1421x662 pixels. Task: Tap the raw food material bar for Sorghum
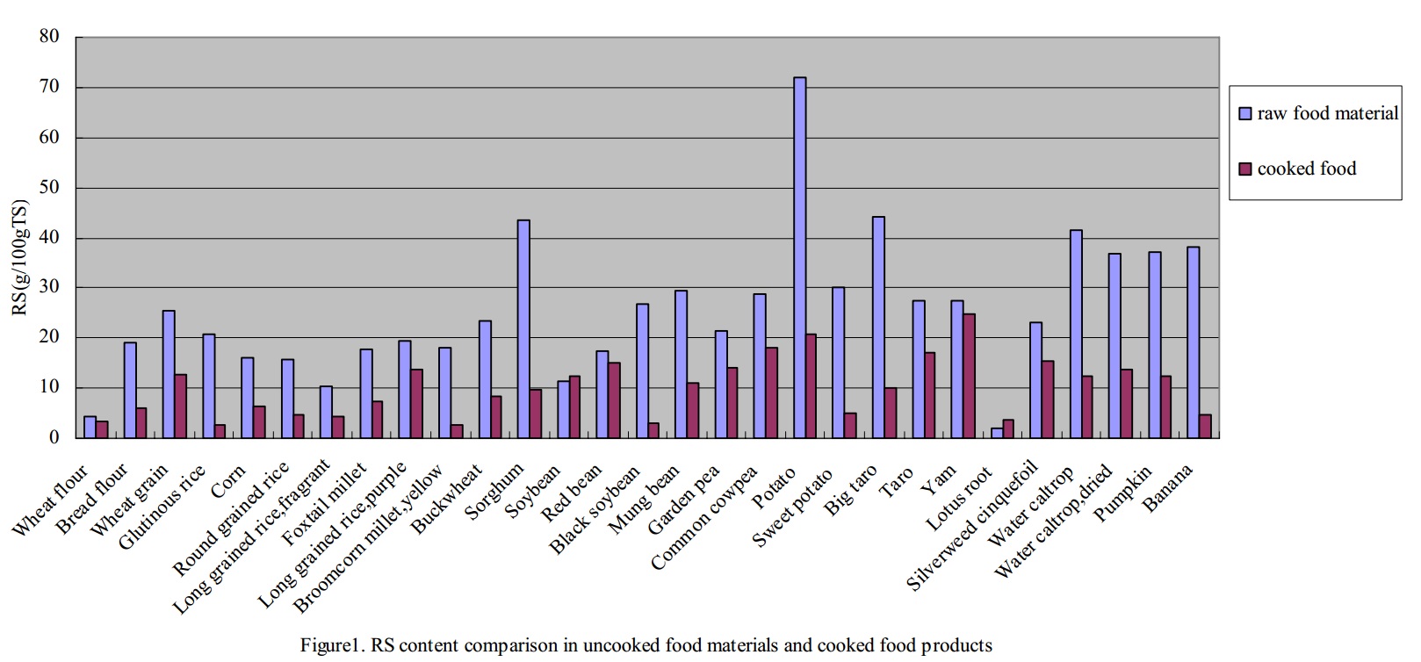pos(523,328)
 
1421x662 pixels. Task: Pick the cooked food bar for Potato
pos(811,385)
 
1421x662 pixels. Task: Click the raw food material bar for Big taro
pos(878,327)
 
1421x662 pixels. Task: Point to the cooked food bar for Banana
pos(1205,426)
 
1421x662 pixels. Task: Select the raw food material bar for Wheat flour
pos(90,427)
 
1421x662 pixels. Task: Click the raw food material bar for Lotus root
pos(997,433)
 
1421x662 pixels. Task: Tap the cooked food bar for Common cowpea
pos(771,392)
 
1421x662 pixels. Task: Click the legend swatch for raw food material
pos(1244,113)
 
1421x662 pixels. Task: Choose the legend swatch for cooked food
pos(1244,169)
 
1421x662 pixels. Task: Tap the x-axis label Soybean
pos(534,493)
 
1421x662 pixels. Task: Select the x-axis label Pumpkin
pos(1123,494)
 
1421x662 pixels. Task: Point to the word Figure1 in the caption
pos(332,646)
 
